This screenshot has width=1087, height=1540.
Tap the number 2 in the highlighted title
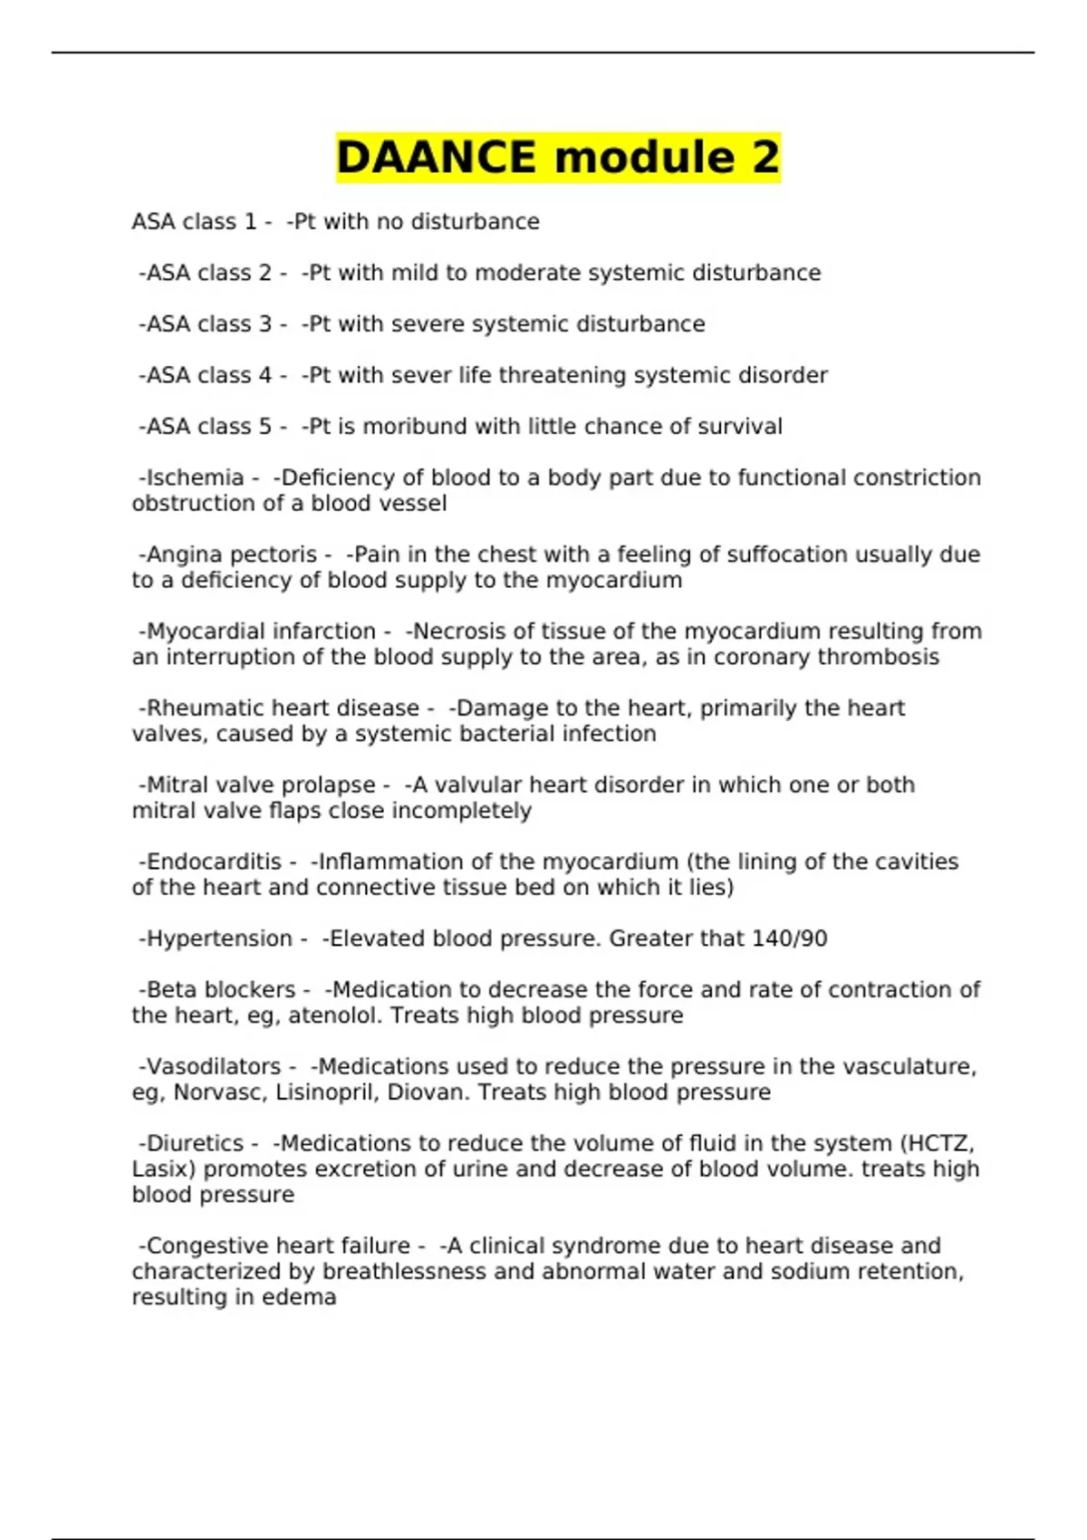point(764,158)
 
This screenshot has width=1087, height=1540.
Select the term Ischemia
point(195,477)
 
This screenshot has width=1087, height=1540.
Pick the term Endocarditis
point(214,861)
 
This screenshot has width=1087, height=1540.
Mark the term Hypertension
point(219,938)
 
